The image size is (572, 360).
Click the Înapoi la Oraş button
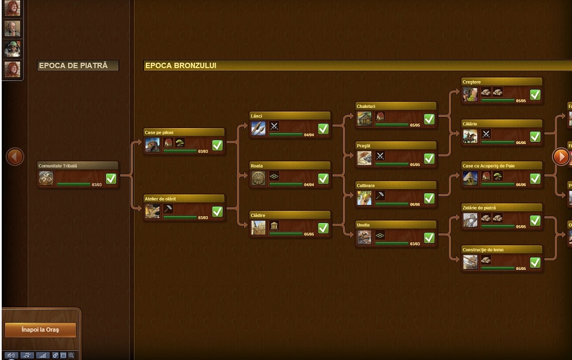click(40, 330)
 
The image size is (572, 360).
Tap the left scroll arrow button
click(15, 157)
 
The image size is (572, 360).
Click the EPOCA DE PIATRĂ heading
click(78, 66)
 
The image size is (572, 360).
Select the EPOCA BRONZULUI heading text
click(180, 66)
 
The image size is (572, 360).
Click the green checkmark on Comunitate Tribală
click(111, 179)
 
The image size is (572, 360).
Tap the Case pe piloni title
click(159, 132)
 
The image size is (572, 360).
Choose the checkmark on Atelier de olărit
click(217, 211)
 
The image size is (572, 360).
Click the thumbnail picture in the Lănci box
click(259, 129)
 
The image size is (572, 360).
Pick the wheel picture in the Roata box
click(259, 178)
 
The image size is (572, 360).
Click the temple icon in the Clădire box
click(274, 225)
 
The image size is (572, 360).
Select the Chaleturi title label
click(366, 106)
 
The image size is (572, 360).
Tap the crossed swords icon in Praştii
click(380, 156)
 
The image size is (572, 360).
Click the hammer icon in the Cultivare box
click(380, 196)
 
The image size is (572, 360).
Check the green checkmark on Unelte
click(429, 238)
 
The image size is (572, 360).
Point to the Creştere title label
click(471, 82)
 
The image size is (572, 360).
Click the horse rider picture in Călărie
click(470, 136)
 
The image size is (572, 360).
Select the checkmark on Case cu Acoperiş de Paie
click(535, 178)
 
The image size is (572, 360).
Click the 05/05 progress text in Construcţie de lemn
click(521, 269)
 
